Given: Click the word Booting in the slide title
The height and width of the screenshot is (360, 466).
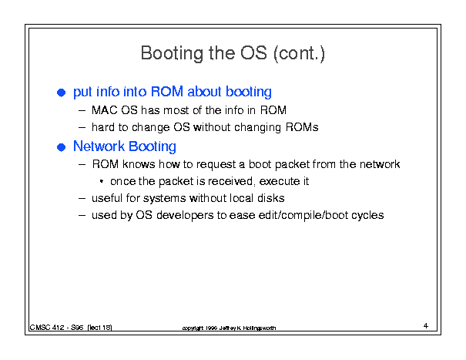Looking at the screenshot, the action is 172,53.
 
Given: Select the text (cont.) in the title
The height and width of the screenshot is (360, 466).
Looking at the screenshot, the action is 300,53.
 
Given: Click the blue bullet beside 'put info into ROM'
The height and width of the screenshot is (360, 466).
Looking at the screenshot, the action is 61,93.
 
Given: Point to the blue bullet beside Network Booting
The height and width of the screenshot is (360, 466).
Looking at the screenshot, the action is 61,147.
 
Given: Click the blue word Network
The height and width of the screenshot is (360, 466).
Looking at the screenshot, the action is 99,146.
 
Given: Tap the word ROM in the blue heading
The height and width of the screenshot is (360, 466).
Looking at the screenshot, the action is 166,91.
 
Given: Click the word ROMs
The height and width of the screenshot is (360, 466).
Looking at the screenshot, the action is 302,127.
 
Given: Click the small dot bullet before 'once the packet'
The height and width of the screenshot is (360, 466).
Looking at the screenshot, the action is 102,181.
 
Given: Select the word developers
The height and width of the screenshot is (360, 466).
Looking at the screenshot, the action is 185,215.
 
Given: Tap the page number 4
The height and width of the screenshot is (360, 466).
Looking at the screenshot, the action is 426,326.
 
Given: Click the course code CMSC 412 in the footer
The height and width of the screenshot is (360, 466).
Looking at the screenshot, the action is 47,328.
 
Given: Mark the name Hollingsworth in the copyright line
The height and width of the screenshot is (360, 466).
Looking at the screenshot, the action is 260,328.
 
